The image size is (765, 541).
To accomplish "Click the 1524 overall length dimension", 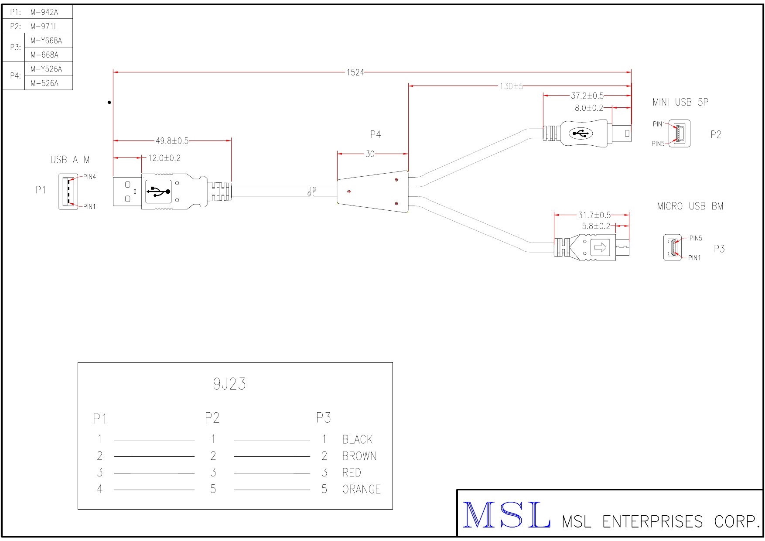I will click(355, 72).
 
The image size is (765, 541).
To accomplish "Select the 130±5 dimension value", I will click(511, 86).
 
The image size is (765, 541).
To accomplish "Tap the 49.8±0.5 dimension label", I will click(172, 141).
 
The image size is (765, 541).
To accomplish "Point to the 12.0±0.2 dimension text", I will click(164, 158).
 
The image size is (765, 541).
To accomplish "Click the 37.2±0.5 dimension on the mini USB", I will click(587, 96).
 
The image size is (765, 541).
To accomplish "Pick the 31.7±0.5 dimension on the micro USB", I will click(594, 215).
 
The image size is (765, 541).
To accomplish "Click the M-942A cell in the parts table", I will click(44, 12).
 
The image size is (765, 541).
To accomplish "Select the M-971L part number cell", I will click(44, 27).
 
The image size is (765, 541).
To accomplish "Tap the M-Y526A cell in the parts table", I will click(46, 69).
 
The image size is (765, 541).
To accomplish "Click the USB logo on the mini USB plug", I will click(580, 133).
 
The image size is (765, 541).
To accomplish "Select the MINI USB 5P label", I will click(680, 102).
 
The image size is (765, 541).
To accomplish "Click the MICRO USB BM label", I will click(690, 206).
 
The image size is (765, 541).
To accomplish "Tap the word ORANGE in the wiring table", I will click(361, 490).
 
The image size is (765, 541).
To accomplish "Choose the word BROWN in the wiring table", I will click(359, 456).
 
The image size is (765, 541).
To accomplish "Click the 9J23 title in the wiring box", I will click(229, 384).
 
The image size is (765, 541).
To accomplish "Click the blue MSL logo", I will click(506, 516).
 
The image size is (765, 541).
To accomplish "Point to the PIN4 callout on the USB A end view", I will click(89, 177).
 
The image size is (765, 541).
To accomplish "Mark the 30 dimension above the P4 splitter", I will click(370, 154).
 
